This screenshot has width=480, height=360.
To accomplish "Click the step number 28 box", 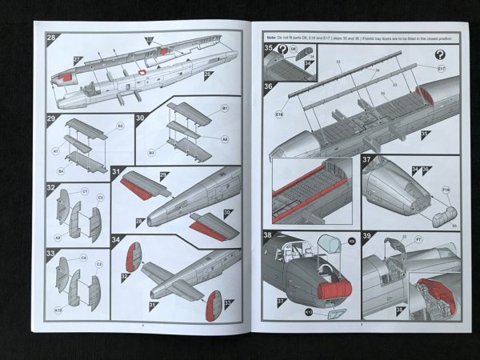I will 50,38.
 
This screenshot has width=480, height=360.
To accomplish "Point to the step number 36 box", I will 269,86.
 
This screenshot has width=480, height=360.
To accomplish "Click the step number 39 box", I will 369,237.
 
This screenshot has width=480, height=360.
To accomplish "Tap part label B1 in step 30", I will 225,108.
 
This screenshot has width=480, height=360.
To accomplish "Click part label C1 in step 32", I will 85,192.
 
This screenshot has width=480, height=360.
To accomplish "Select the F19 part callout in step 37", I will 445,190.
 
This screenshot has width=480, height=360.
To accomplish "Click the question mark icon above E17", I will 440,54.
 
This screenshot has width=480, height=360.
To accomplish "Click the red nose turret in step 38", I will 335,289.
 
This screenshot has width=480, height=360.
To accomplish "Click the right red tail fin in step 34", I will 214,308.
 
